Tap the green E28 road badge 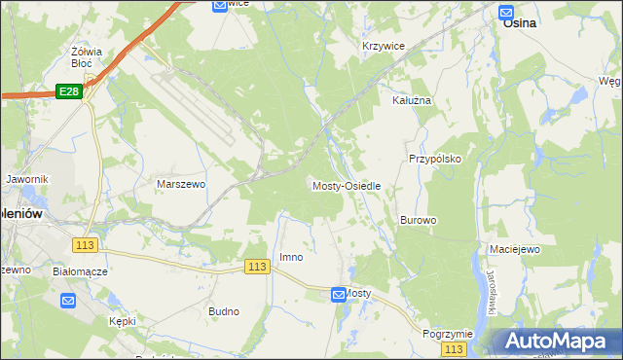pyautogui.click(x=68, y=91)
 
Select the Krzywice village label pyautogui.click(x=383, y=46)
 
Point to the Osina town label pyautogui.click(x=521, y=27)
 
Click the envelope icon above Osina pyautogui.click(x=506, y=12)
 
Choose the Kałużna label pyautogui.click(x=411, y=100)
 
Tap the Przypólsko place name pyautogui.click(x=434, y=158)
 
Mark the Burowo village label pyautogui.click(x=418, y=220)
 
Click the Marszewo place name pyautogui.click(x=180, y=183)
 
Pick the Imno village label pyautogui.click(x=291, y=257)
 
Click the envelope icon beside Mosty pyautogui.click(x=338, y=294)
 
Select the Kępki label pyautogui.click(x=123, y=320)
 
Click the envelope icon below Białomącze pyautogui.click(x=68, y=301)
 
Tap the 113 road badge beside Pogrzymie pyautogui.click(x=453, y=348)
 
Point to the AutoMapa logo pyautogui.click(x=554, y=342)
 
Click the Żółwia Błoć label pyautogui.click(x=88, y=55)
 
